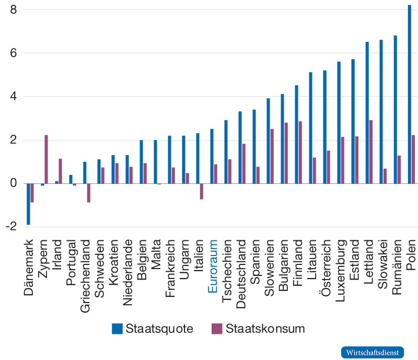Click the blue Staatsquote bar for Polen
click(410, 94)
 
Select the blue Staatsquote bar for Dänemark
click(28, 204)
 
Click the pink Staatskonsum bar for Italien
click(202, 191)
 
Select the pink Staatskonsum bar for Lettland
click(371, 152)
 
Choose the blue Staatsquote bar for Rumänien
click(396, 109)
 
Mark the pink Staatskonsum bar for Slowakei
click(385, 176)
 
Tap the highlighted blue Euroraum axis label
click(213, 266)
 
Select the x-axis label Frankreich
click(171, 269)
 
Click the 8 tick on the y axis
click(14, 10)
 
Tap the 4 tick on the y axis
click(14, 97)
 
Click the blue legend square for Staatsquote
click(118, 329)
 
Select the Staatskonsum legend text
click(265, 329)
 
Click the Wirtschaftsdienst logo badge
click(373, 352)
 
